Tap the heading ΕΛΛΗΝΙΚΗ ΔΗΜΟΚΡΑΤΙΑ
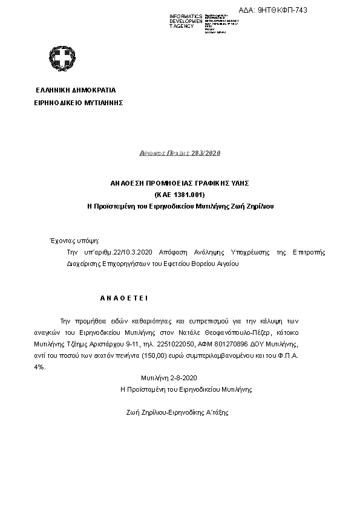pos(76,90)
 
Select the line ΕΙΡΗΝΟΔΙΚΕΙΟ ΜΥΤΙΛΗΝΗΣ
pos(79,103)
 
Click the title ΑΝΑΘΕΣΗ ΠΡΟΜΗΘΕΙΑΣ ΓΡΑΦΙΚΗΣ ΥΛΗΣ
pos(180,183)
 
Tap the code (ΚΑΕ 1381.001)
pos(180,194)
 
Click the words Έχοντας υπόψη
pos(73,241)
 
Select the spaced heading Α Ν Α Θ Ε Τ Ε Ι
pos(123,298)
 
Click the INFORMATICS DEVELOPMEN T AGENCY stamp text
pos(185,21)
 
